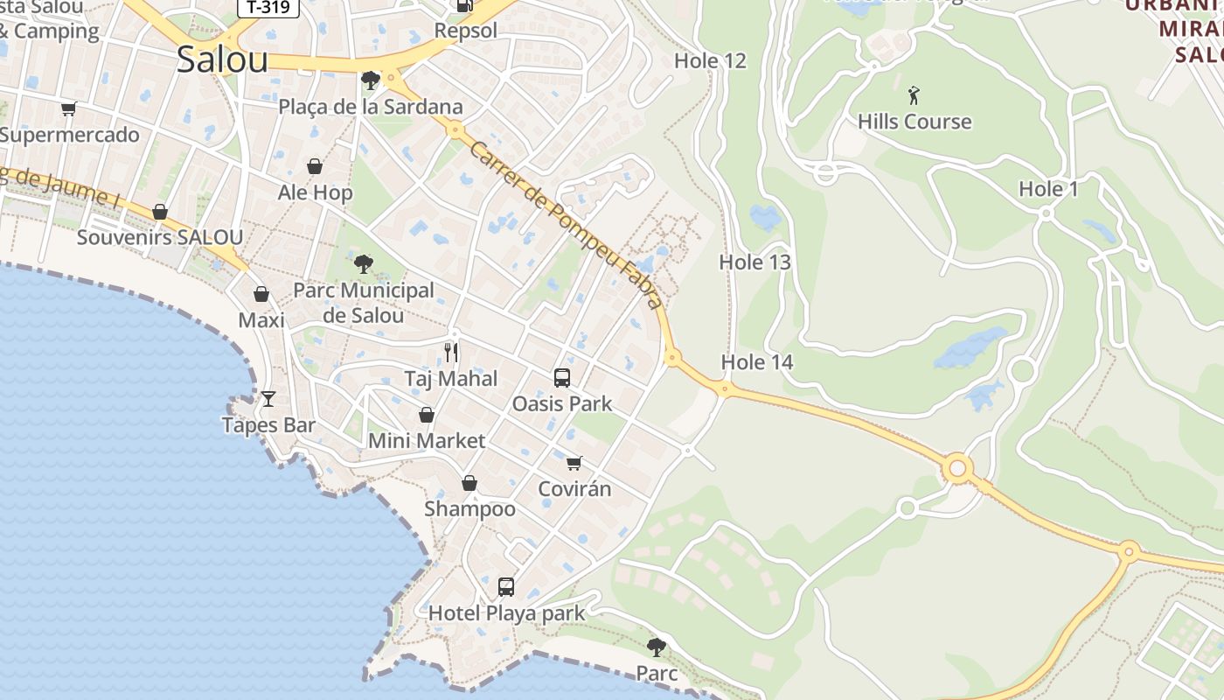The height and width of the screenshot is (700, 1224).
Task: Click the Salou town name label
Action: coord(222,59)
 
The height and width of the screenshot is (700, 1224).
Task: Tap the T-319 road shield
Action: coord(268,8)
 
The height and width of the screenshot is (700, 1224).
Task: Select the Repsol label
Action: coord(465,31)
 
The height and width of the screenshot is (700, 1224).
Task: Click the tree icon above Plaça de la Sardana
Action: coord(370,80)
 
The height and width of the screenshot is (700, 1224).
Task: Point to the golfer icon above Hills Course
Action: coord(914,94)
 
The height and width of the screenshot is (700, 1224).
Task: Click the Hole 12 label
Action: coord(710,60)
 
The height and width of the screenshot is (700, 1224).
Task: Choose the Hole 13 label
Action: coord(755,262)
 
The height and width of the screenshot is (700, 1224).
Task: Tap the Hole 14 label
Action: coord(756,361)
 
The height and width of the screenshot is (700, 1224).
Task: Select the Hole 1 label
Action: coord(1048,188)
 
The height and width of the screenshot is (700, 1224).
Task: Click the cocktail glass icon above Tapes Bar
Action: coord(268,399)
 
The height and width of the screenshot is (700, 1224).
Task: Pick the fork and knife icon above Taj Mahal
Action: coord(451,353)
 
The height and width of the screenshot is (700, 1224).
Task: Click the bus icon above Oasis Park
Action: coord(562,378)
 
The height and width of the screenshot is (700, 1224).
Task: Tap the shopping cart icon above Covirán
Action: coord(574,463)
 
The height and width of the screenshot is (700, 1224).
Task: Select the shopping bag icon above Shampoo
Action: coord(469,483)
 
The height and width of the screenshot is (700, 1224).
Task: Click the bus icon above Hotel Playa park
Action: coord(506,586)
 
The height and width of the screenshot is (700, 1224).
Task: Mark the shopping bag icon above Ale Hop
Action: coord(315,166)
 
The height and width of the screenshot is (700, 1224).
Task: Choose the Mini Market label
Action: coord(426,440)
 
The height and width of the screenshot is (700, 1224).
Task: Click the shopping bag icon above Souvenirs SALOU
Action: coord(160,212)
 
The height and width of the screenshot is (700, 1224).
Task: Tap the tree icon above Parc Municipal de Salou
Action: coord(363,263)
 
